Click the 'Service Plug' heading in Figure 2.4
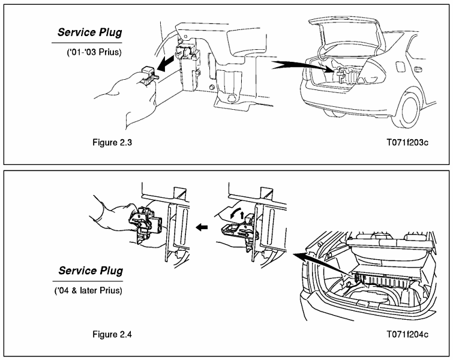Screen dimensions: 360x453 [89, 271]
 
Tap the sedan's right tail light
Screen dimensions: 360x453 [371, 72]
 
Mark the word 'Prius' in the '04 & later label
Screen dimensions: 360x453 [111, 291]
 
